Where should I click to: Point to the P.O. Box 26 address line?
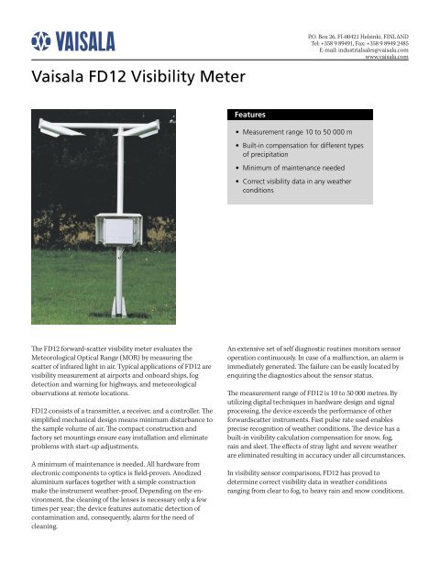click(359, 35)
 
